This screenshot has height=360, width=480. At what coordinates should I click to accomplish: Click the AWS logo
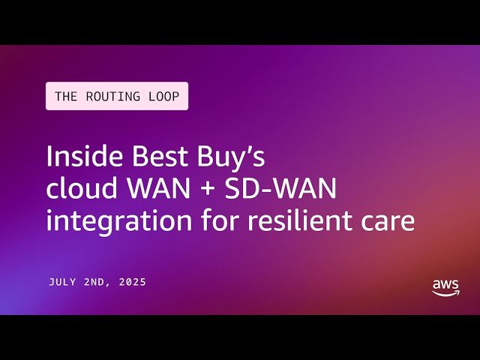pos(445,287)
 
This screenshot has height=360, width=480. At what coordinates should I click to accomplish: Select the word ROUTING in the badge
pos(112,96)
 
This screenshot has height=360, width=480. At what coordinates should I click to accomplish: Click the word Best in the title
pos(150,157)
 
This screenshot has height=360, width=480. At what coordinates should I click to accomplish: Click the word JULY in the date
pos(64,283)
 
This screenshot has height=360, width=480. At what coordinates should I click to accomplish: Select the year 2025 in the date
pos(132,283)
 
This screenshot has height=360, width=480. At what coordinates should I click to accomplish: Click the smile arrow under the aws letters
pos(446,293)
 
